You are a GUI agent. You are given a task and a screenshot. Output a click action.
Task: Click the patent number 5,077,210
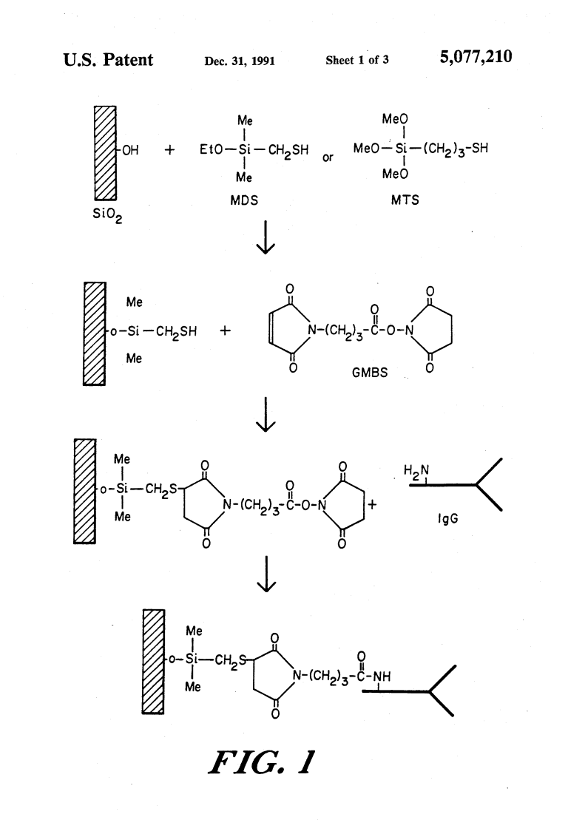pos(476,57)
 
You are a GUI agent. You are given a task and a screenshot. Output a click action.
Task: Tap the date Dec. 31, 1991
pos(240,61)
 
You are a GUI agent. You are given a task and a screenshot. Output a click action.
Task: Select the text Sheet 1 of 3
pos(357,60)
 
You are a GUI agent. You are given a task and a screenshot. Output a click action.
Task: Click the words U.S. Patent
pos(108,60)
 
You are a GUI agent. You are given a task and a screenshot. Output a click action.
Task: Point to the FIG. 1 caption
pos(261,762)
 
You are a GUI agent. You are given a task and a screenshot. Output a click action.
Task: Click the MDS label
pos(244,200)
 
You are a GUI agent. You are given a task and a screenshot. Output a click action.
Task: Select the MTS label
pos(405,200)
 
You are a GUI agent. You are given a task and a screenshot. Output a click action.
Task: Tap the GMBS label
pos(370,373)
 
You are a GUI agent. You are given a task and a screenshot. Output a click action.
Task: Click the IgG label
pos(447,518)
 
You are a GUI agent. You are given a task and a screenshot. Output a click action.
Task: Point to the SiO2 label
pos(107,215)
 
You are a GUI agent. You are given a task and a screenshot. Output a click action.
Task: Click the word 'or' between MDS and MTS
pos(328,157)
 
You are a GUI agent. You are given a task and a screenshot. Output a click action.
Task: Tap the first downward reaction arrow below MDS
pos(266,237)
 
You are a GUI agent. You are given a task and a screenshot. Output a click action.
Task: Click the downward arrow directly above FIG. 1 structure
pos(266,574)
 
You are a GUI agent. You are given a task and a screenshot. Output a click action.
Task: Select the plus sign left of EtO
pos(169,150)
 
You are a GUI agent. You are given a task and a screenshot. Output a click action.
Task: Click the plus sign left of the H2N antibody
pos(372,505)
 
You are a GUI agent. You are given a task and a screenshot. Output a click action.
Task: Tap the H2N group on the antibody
pos(416,470)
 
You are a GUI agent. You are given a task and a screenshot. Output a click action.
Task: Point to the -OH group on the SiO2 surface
pos(128,151)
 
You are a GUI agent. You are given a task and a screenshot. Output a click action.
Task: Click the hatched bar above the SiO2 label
pos(105,152)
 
